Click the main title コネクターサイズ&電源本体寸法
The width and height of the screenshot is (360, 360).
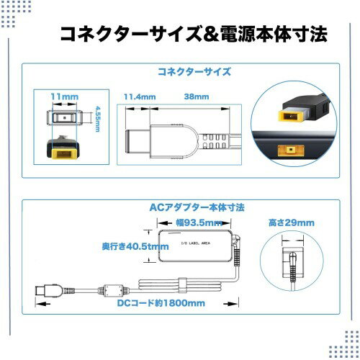pyautogui.click(x=194, y=35)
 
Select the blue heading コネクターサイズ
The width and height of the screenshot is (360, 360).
pyautogui.click(x=194, y=72)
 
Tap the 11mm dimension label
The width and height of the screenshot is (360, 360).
pyautogui.click(x=65, y=96)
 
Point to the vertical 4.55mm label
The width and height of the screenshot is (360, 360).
pyautogui.click(x=97, y=119)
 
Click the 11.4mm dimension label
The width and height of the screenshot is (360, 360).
pyautogui.click(x=140, y=97)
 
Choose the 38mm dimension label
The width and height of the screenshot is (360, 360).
pyautogui.click(x=197, y=96)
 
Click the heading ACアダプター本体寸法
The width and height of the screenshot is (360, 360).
pyautogui.click(x=197, y=207)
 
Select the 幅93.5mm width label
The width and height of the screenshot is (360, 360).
pyautogui.click(x=199, y=222)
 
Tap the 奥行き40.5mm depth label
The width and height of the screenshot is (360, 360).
pyautogui.click(x=135, y=246)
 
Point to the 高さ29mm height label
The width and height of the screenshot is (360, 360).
pyautogui.click(x=292, y=222)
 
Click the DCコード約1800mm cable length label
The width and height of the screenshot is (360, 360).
pyautogui.click(x=161, y=303)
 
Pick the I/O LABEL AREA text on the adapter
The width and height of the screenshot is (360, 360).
pyautogui.click(x=196, y=243)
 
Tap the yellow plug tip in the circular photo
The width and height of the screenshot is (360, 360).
pyautogui.click(x=290, y=116)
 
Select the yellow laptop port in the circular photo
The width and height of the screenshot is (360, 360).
pyautogui.click(x=291, y=150)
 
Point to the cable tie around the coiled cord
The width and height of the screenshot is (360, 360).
pyautogui.click(x=183, y=285)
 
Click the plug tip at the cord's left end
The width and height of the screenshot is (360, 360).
pyautogui.click(x=42, y=290)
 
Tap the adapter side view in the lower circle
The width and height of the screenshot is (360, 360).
pyautogui.click(x=293, y=263)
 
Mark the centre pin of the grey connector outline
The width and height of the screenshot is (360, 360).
pyautogui.click(x=64, y=118)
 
